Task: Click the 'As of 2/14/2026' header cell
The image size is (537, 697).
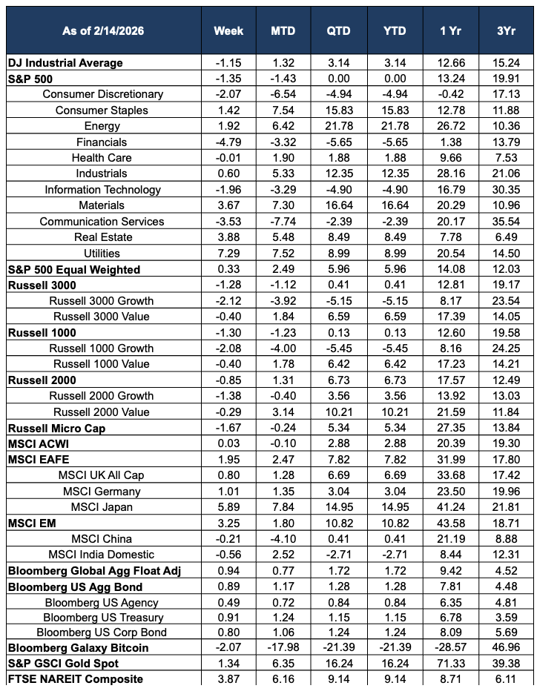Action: (x=103, y=30)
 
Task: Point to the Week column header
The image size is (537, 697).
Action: (x=228, y=30)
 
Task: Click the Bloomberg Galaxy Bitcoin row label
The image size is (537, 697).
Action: (x=78, y=647)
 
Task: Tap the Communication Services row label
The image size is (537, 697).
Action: (x=102, y=221)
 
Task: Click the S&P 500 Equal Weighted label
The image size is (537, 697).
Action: (x=73, y=269)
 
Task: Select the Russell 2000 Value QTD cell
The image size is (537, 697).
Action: (x=337, y=412)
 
